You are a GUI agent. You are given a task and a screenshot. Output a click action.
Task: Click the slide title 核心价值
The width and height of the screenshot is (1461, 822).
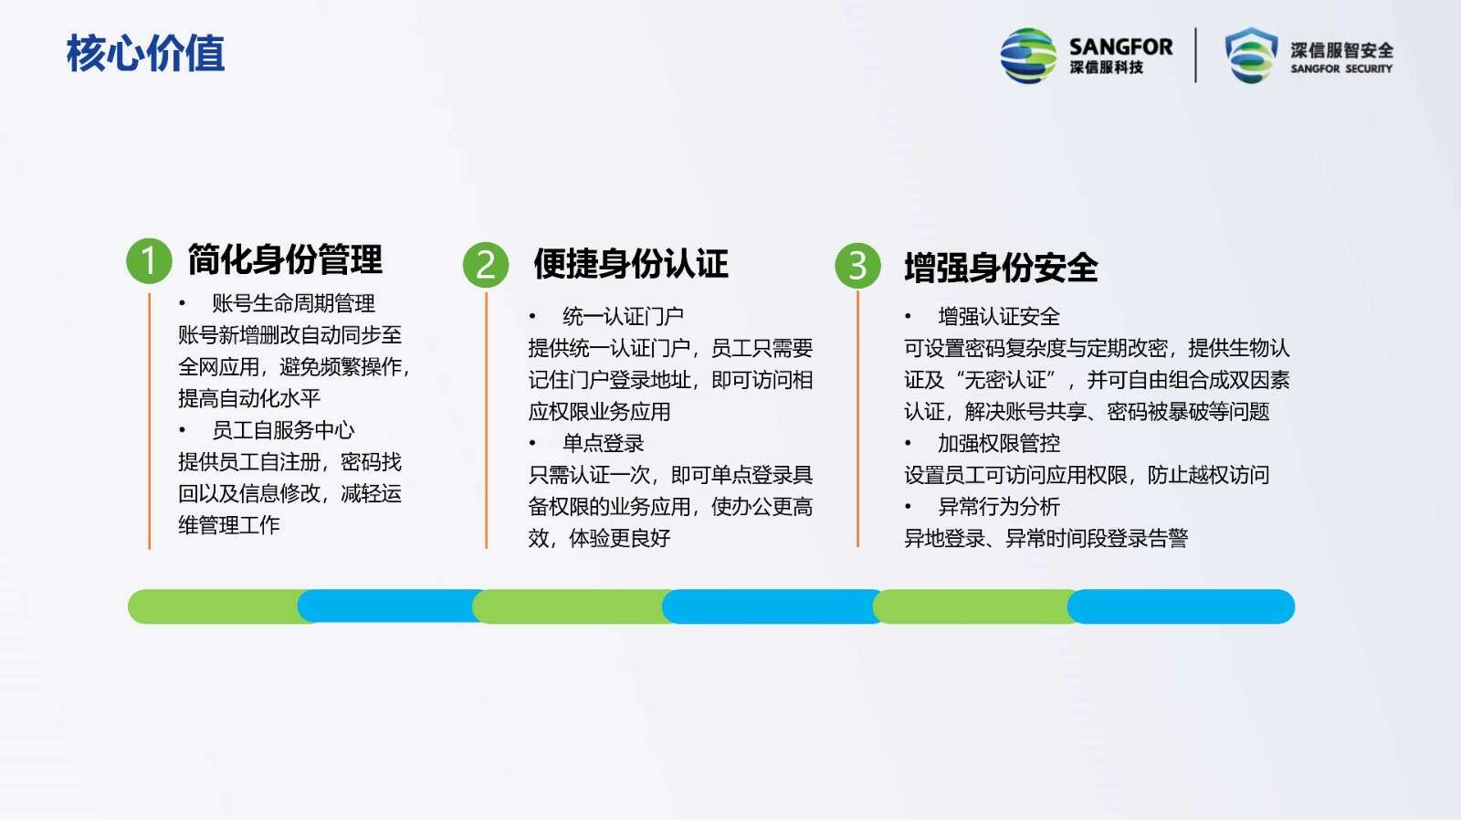(145, 53)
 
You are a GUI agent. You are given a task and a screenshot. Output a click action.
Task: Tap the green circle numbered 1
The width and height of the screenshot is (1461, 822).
(149, 261)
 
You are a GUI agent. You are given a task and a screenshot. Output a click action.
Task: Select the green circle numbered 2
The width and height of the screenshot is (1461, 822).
(486, 265)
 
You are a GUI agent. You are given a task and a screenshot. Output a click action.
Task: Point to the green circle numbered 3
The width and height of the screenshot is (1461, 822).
(857, 266)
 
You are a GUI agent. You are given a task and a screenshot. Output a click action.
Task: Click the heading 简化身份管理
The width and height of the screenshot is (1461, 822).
(285, 259)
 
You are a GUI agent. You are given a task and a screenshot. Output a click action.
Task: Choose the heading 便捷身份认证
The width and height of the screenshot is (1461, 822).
(631, 264)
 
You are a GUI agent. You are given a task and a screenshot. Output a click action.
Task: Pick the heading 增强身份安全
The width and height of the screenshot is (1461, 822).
(1001, 268)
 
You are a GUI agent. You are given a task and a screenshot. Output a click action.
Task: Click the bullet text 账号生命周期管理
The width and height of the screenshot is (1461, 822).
(293, 303)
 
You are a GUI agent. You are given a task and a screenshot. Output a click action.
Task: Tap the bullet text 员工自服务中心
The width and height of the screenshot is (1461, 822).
(283, 430)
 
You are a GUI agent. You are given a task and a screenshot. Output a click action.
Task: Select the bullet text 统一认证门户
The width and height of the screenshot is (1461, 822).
(623, 316)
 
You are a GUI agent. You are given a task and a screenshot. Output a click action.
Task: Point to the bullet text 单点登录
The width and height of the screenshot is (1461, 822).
(604, 444)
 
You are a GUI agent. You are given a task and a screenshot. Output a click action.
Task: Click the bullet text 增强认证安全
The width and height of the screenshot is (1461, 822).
(999, 316)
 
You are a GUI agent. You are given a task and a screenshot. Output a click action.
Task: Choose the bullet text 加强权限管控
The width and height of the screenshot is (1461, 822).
(999, 444)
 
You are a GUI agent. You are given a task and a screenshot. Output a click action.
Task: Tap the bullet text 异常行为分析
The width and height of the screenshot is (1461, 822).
(999, 507)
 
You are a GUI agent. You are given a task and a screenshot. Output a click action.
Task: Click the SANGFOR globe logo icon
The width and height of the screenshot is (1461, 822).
(1028, 56)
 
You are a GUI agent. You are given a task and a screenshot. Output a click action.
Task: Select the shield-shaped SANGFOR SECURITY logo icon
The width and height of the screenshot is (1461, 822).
(1251, 56)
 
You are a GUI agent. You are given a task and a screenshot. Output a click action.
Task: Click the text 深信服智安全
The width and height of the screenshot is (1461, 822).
(1341, 50)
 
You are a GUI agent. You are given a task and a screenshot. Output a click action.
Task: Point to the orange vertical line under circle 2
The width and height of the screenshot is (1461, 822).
(487, 420)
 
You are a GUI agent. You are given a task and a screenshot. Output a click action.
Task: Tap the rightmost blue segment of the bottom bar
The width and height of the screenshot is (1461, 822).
(1182, 606)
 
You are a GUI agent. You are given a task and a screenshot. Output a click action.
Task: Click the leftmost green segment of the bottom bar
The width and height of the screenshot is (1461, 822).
(219, 606)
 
